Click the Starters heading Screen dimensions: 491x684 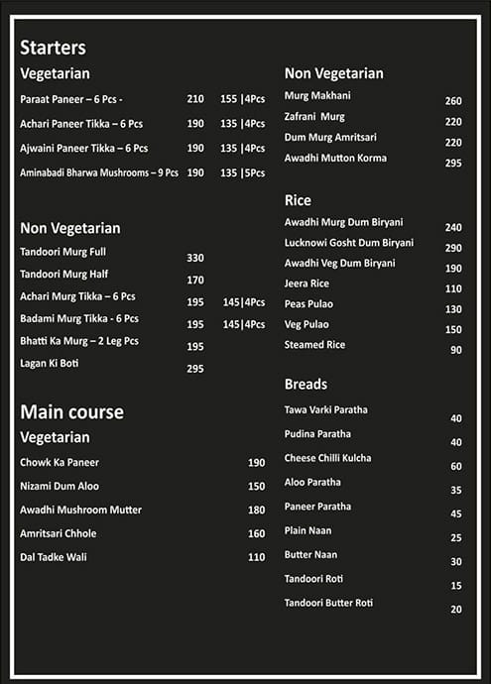53,48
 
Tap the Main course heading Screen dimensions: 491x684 71,411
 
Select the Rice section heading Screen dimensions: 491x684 298,200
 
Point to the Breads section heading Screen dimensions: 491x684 306,384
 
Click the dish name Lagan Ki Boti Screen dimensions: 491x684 50,363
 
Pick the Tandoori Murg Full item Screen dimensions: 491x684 62,252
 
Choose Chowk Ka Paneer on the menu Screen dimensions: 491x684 60,462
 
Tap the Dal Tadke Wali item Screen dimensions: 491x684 54,557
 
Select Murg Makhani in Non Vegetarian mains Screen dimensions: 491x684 317,95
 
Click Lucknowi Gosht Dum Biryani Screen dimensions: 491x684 349,243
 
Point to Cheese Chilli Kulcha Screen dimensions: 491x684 327,458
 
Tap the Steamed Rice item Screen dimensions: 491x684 314,345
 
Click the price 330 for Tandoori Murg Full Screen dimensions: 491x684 195,258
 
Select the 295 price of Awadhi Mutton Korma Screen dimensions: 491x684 453,163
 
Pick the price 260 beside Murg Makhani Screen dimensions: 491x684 453,101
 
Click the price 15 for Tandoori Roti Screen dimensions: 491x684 456,586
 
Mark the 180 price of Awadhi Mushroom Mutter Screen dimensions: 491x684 257,510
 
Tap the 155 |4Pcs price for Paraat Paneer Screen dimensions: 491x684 242,99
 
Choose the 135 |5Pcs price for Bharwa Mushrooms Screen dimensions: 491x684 242,172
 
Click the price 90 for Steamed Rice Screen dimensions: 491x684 456,350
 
